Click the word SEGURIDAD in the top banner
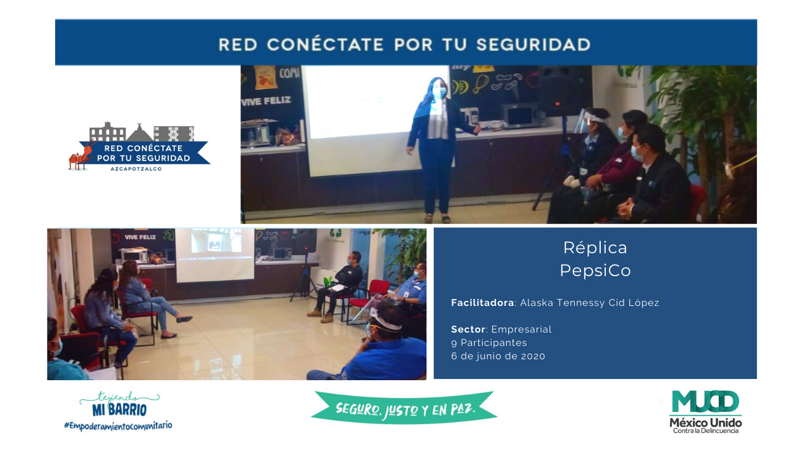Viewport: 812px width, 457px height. click(x=534, y=44)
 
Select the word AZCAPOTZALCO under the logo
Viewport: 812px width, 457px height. click(x=136, y=169)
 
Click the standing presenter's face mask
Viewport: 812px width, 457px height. click(x=438, y=92)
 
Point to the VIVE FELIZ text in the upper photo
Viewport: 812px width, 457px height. click(x=266, y=101)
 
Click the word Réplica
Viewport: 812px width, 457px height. click(x=595, y=248)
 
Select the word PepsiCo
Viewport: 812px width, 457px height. click(x=595, y=270)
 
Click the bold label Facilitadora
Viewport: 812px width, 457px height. click(x=483, y=303)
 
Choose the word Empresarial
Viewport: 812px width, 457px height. click(x=521, y=329)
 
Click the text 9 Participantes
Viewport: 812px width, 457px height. click(x=489, y=343)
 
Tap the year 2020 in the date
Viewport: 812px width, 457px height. click(x=533, y=356)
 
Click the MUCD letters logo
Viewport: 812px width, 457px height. click(x=705, y=402)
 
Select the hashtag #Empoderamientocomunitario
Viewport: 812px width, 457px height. click(x=118, y=425)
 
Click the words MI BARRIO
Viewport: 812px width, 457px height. click(x=120, y=410)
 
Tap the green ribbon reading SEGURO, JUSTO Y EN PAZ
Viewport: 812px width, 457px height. click(x=404, y=408)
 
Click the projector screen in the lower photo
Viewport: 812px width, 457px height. click(x=215, y=255)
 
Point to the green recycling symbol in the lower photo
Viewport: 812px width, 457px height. click(x=336, y=233)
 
